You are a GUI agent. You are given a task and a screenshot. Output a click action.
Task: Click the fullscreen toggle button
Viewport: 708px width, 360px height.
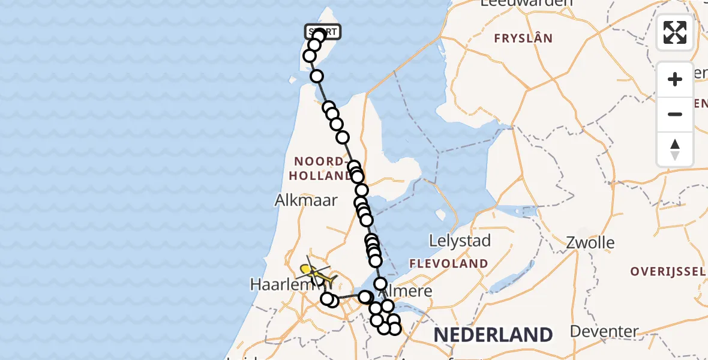pos(675,32)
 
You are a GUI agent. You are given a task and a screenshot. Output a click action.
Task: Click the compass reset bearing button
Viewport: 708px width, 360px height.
pos(675,149)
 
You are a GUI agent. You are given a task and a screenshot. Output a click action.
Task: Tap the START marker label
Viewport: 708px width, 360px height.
pos(323,32)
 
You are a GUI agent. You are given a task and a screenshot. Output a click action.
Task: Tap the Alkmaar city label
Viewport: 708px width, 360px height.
pos(306,200)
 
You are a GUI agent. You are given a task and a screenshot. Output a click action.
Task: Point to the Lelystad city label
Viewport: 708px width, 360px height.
pos(460,241)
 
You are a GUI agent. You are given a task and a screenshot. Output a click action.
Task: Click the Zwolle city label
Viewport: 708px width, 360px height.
pos(591,243)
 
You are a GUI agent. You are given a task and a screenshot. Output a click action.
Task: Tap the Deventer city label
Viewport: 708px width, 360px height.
pos(604,331)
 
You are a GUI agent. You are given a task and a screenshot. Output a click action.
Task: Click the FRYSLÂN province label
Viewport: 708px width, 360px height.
pos(523,39)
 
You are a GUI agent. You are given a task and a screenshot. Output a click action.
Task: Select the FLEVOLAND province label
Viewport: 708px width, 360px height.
pos(449,263)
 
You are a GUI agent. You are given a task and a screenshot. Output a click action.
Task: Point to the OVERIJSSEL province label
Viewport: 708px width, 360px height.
pos(668,271)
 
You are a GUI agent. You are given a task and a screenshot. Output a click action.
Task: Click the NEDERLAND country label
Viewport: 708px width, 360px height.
pos(493,334)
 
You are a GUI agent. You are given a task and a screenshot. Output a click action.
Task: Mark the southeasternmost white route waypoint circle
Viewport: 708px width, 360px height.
pos(394,328)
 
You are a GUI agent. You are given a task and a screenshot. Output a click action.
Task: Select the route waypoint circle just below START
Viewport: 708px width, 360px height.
pos(314,45)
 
